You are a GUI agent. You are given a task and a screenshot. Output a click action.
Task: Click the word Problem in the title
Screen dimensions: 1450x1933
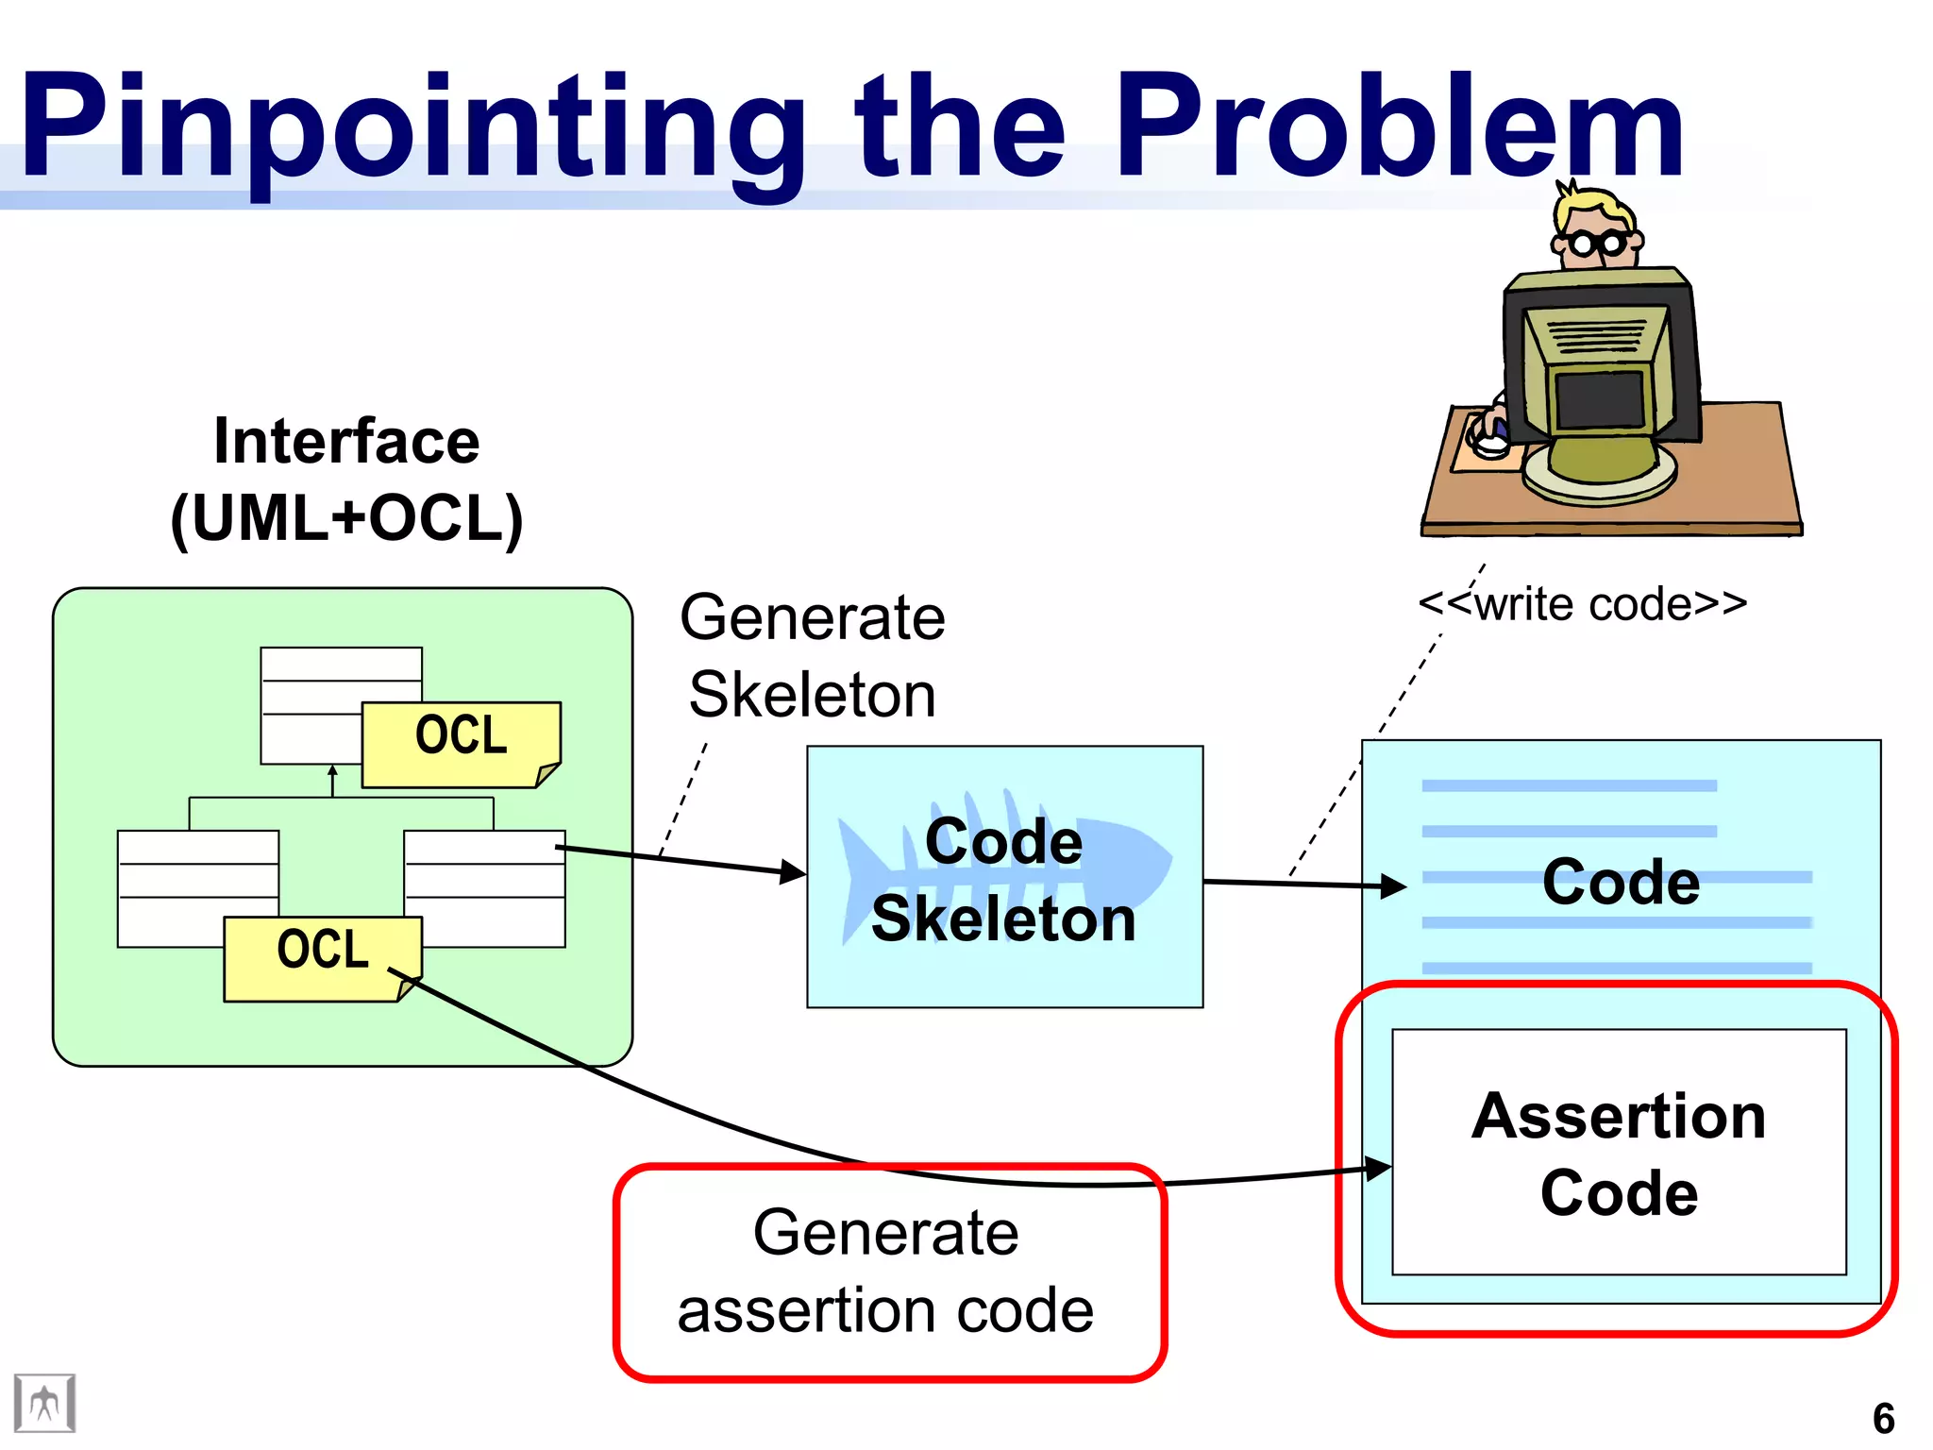point(1397,127)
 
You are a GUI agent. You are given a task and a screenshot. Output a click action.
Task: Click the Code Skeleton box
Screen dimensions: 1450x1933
point(1004,878)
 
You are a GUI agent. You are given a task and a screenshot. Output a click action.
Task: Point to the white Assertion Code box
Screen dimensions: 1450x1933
point(1618,1152)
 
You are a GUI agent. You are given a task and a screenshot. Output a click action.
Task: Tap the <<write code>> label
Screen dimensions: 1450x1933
point(1583,604)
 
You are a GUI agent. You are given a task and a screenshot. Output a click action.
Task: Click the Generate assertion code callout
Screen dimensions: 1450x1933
point(887,1272)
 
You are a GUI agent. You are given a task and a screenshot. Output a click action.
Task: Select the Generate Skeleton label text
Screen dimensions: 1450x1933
point(812,656)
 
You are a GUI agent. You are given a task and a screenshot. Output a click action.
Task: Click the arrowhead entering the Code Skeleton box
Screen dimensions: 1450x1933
point(793,872)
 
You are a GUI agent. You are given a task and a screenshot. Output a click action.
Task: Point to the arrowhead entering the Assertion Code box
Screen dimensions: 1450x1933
point(1379,1168)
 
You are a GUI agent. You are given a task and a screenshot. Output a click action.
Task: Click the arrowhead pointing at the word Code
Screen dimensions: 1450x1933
point(1393,885)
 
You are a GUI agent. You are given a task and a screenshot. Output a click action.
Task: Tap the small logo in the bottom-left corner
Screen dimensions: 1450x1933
point(44,1404)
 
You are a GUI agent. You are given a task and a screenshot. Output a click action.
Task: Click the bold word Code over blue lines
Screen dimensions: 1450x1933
point(1621,883)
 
